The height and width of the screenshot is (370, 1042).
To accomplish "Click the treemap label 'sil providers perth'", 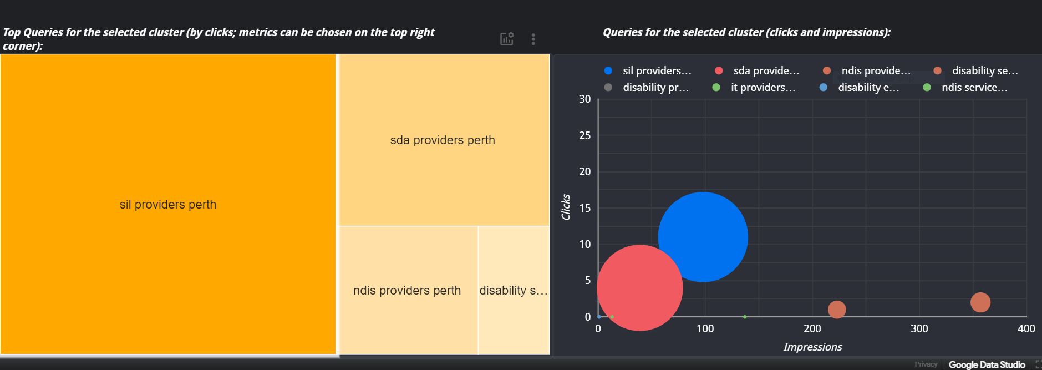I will (x=168, y=205).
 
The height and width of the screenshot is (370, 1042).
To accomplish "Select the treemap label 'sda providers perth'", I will (x=443, y=140).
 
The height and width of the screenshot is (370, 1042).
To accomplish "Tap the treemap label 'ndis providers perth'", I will (x=407, y=291).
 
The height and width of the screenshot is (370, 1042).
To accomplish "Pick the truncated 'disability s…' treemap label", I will (x=514, y=291).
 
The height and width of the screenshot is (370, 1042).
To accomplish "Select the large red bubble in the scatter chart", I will (x=639, y=288).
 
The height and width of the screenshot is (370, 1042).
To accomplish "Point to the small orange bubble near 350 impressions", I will (x=980, y=302).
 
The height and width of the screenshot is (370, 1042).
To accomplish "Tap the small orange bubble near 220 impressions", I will (x=837, y=310).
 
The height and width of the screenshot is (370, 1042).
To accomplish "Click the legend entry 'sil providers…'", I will (x=657, y=71).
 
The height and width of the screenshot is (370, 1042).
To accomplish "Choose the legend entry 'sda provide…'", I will (x=766, y=71).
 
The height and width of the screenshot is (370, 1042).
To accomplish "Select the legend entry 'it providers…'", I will (x=763, y=88).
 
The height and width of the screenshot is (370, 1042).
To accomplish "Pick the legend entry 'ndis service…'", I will (x=974, y=88).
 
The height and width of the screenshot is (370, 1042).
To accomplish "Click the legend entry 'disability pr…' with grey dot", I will (x=655, y=88).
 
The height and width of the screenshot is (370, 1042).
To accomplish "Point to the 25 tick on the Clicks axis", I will (x=585, y=135).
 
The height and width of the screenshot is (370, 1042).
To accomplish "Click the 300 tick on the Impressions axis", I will (x=919, y=328).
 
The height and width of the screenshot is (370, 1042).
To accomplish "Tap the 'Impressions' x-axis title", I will (x=812, y=347).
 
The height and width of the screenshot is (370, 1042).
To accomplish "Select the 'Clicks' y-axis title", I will (x=566, y=207).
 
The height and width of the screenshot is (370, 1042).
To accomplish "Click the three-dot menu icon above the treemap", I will (x=533, y=39).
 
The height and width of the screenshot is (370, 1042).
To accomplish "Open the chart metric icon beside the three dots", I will (x=507, y=39).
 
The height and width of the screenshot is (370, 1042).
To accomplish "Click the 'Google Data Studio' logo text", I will (x=987, y=364).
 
